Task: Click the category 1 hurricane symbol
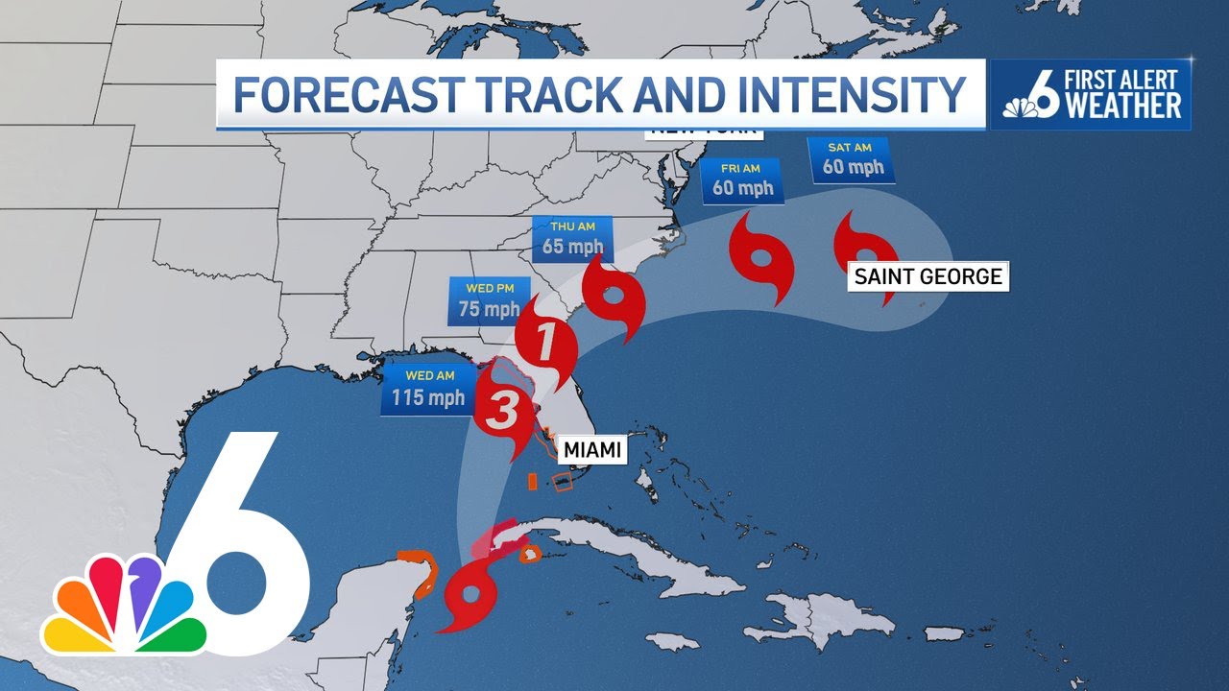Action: pos(544,343)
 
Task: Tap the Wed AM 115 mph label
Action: pos(427,389)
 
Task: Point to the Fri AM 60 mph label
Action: pos(742,181)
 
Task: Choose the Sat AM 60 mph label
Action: pos(853,159)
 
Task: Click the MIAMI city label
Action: pos(591,449)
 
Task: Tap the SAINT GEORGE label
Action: pos(928,277)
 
